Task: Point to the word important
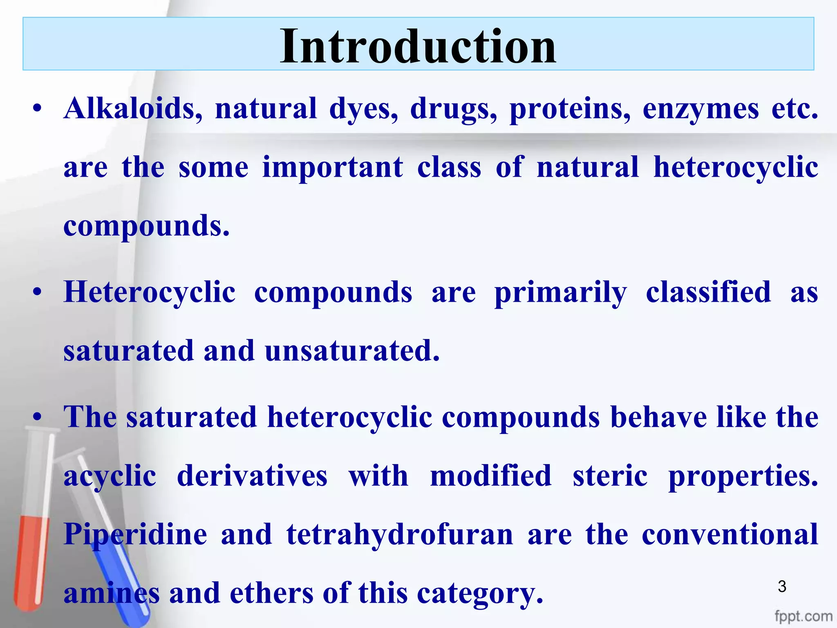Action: tap(332, 168)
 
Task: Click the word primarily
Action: tap(560, 293)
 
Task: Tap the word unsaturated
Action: tap(352, 351)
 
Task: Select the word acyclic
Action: tap(110, 477)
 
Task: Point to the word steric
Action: tap(610, 476)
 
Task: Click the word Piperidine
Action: tap(135, 535)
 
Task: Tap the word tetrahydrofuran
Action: tap(399, 535)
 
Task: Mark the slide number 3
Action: tap(782, 587)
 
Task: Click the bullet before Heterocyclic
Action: tap(38, 293)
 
